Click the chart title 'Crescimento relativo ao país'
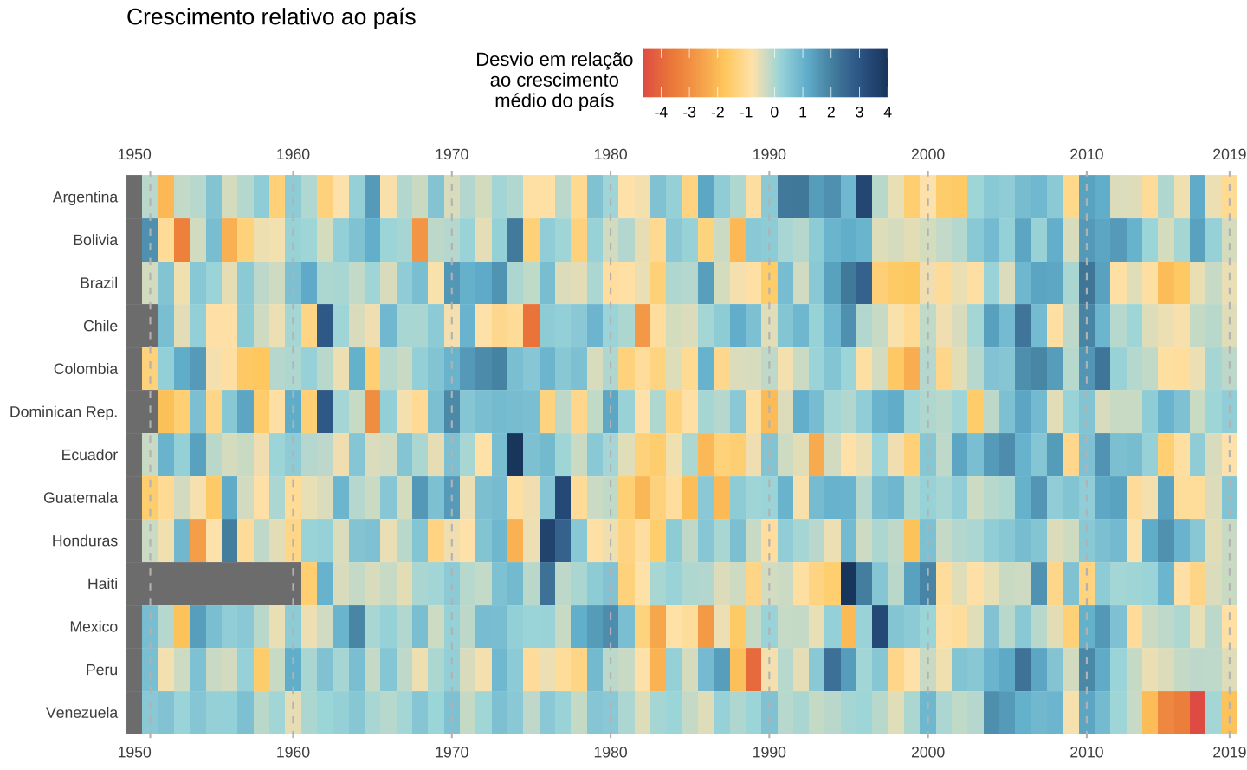[270, 17]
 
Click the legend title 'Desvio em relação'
[554, 60]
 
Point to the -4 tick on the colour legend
[661, 113]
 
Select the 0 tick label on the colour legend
[774, 113]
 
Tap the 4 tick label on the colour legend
[888, 113]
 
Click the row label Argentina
[85, 197]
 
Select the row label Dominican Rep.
[63, 411]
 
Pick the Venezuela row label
[81, 713]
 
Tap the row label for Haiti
[102, 584]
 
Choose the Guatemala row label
[81, 498]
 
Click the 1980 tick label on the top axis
[611, 154]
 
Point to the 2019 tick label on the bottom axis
[1229, 752]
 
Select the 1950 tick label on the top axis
[134, 154]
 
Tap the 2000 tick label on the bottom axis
[927, 752]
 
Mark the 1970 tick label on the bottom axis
[451, 752]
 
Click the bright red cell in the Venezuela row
[1198, 713]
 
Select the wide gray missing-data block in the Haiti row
[222, 584]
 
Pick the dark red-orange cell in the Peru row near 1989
[753, 670]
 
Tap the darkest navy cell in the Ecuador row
[515, 455]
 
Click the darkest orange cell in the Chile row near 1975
[531, 326]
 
